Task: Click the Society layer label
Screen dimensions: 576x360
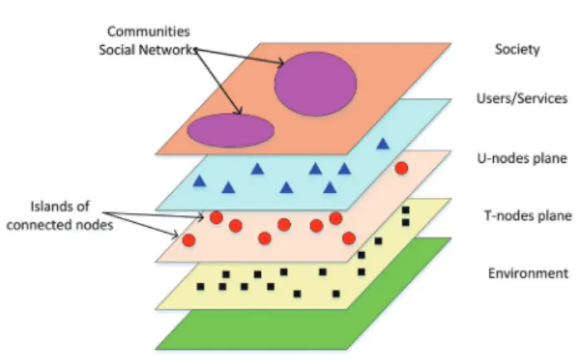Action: coord(517,49)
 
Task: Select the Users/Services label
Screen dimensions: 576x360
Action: coord(522,98)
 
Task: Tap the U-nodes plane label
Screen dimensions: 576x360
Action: coord(522,158)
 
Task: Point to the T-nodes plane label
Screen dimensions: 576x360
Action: coord(528,215)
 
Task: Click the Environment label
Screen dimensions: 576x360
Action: coord(529,273)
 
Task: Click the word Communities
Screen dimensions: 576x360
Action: coord(149,32)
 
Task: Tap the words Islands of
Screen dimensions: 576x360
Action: coord(60,206)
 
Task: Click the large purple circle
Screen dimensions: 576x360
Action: coord(316,84)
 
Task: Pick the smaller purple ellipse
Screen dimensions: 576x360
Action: coord(231,131)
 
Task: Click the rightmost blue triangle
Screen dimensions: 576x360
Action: coord(383,144)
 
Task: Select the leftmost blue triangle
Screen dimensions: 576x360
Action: coord(199,180)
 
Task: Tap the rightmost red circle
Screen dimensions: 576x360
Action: coord(401,168)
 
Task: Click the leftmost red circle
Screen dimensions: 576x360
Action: coord(189,240)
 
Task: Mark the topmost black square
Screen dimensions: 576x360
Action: coord(406,210)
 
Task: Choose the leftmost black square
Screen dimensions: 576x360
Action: coord(200,287)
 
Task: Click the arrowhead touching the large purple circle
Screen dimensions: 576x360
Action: coord(281,62)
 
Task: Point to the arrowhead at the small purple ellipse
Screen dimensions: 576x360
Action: coord(239,111)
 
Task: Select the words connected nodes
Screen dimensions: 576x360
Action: coord(60,224)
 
